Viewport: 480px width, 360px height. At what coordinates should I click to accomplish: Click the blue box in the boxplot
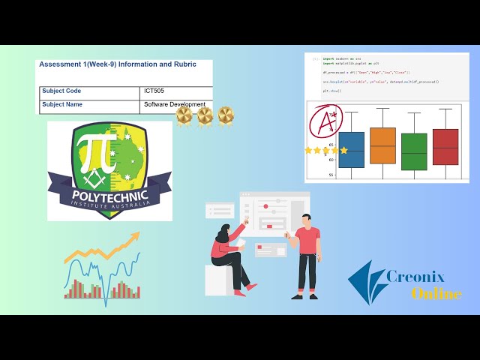pyautogui.click(x=351, y=149)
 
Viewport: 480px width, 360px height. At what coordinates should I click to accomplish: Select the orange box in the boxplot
pyautogui.click(x=382, y=145)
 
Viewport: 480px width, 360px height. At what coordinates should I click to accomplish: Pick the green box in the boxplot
pyautogui.click(x=414, y=151)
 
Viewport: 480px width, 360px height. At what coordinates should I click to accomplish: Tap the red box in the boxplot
pyautogui.click(x=445, y=146)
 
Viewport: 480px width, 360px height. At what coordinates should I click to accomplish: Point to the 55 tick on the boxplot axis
pyautogui.click(x=331, y=175)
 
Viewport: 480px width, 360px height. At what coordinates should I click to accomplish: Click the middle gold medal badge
pyautogui.click(x=205, y=115)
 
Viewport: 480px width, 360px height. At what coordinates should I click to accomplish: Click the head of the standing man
pyautogui.click(x=306, y=220)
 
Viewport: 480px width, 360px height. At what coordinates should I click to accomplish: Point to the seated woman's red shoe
pyautogui.click(x=250, y=286)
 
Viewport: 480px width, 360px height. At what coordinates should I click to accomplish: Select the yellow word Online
pyautogui.click(x=436, y=293)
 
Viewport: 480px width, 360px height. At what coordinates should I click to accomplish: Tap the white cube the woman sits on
pyautogui.click(x=218, y=280)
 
